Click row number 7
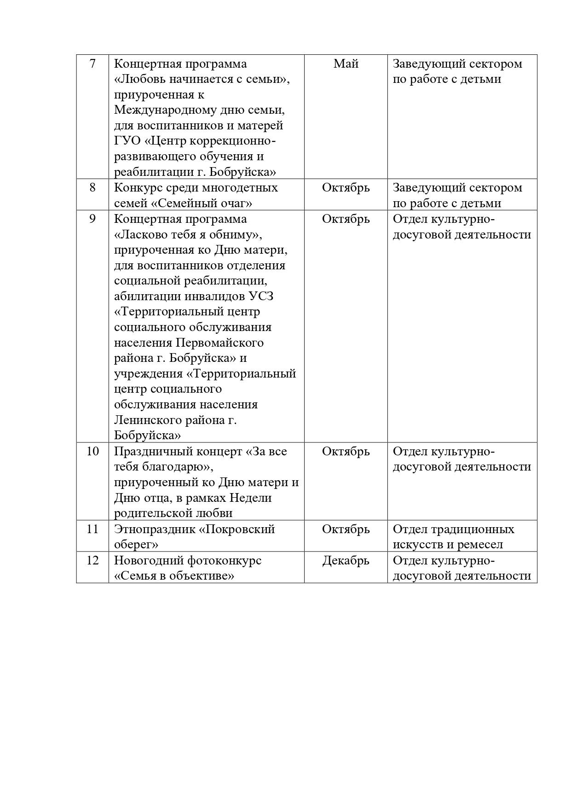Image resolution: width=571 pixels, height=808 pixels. pos(92,64)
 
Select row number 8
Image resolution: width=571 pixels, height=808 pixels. pos(92,188)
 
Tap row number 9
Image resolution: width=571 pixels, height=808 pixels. pos(92,219)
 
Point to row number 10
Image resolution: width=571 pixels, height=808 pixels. pos(92,451)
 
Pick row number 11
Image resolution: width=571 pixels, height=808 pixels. pos(92,529)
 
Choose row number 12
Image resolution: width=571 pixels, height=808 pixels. pos(92,560)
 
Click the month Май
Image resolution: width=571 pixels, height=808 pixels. pos(346,64)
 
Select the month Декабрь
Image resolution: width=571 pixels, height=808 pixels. pos(346,560)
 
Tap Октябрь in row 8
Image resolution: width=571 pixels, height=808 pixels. pos(346,188)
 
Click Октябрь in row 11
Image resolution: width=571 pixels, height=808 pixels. pos(346,529)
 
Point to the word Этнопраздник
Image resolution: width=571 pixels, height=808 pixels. pos(154,529)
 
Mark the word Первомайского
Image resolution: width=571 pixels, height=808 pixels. pos(219,343)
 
